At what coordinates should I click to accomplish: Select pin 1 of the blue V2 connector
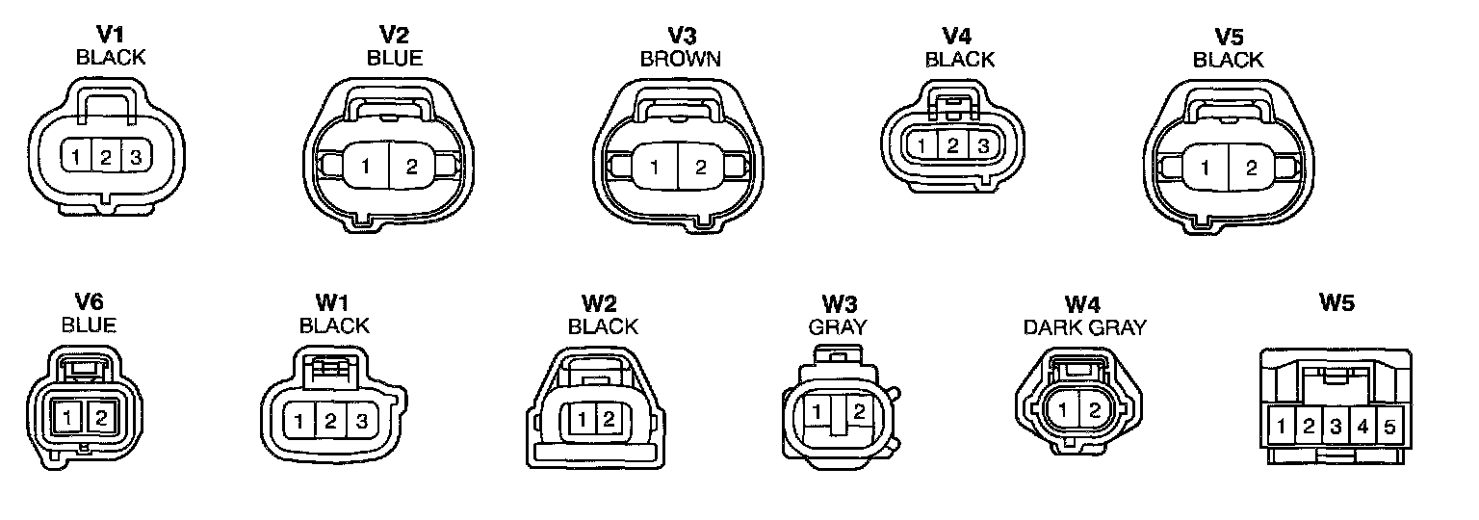pyautogui.click(x=366, y=167)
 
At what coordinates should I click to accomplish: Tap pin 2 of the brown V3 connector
pyautogui.click(x=701, y=167)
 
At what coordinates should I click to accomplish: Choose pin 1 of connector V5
pyautogui.click(x=1205, y=168)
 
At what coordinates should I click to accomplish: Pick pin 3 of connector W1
pyautogui.click(x=361, y=420)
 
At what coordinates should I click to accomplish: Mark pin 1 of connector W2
pyautogui.click(x=584, y=419)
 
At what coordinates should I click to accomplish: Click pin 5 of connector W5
pyautogui.click(x=1388, y=426)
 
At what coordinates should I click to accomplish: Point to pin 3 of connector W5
pyautogui.click(x=1336, y=426)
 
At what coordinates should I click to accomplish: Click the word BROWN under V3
pyautogui.click(x=681, y=59)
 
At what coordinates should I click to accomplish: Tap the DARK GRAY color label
pyautogui.click(x=1084, y=326)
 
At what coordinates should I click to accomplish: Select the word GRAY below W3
pyautogui.click(x=837, y=326)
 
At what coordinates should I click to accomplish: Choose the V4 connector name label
pyautogui.click(x=955, y=37)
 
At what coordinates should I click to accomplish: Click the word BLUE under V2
pyautogui.click(x=394, y=58)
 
